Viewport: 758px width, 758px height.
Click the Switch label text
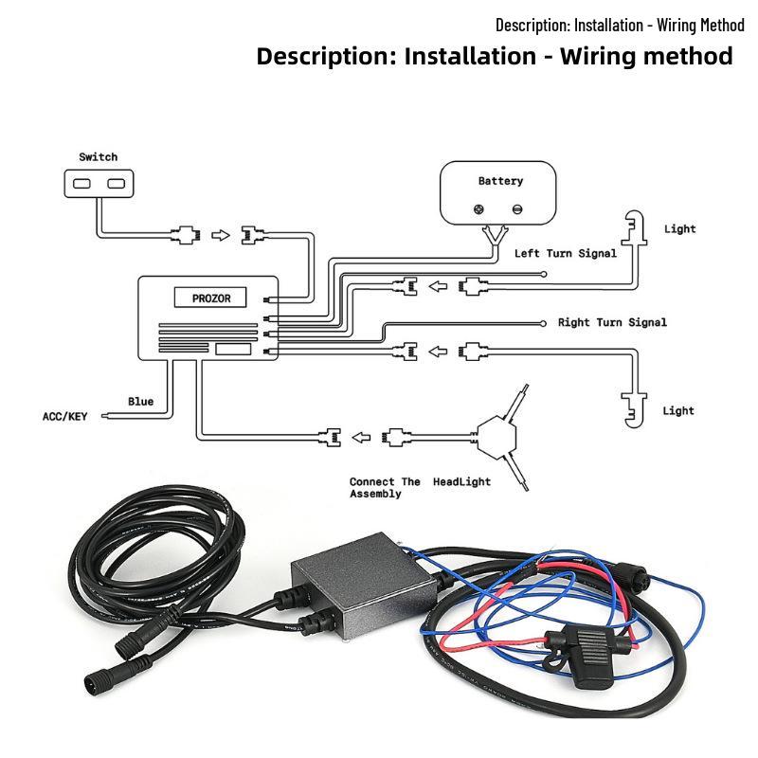pyautogui.click(x=99, y=157)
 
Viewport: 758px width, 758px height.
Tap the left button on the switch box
pyautogui.click(x=81, y=184)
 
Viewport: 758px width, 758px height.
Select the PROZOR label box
pyautogui.click(x=210, y=298)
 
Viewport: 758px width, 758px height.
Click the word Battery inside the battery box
pyautogui.click(x=500, y=181)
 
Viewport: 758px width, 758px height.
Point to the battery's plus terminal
pyautogui.click(x=478, y=209)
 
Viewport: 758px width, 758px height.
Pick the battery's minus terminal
pyautogui.click(x=517, y=209)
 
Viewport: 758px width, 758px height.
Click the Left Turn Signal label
pyautogui.click(x=566, y=253)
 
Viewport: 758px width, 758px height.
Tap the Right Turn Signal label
pyautogui.click(x=612, y=322)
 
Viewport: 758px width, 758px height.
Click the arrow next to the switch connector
pyautogui.click(x=221, y=235)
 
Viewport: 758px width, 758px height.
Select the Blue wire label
pyautogui.click(x=140, y=401)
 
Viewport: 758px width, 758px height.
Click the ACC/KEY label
pyautogui.click(x=64, y=416)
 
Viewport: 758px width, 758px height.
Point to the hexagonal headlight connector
pyautogui.click(x=496, y=437)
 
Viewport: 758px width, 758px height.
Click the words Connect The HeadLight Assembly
pyautogui.click(x=420, y=487)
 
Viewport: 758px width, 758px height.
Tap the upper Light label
pyautogui.click(x=679, y=229)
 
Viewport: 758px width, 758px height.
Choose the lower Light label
pyautogui.click(x=678, y=411)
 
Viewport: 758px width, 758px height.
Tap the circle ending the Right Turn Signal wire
pyautogui.click(x=543, y=323)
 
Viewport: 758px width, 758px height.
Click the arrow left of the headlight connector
pyautogui.click(x=361, y=438)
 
